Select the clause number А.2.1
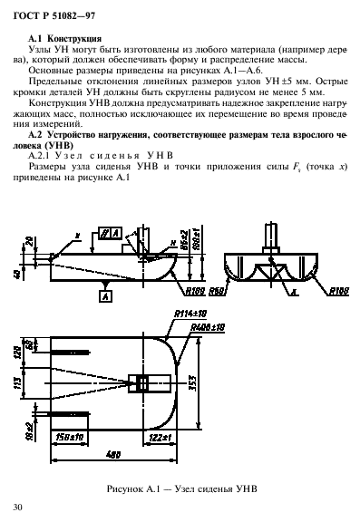point(44,155)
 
